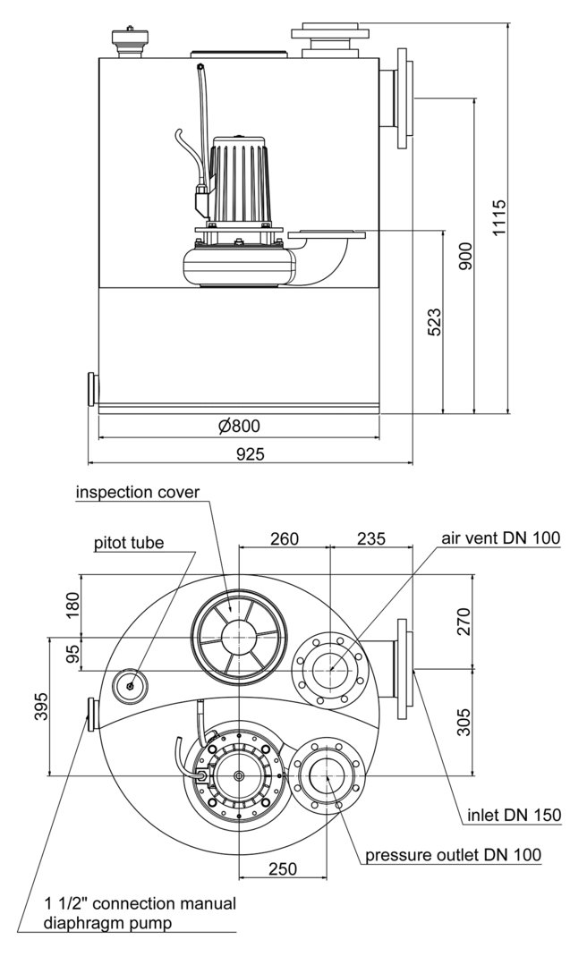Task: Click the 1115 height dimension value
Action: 499,217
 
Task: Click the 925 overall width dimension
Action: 250,453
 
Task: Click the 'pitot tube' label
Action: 129,543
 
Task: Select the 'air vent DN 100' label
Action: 500,538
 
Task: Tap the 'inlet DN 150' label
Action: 514,814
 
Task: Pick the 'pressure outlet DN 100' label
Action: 453,855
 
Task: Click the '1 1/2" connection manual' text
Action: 140,903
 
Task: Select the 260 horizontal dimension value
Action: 284,538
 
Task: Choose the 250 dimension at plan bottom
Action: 283,868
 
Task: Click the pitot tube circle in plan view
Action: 130,686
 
